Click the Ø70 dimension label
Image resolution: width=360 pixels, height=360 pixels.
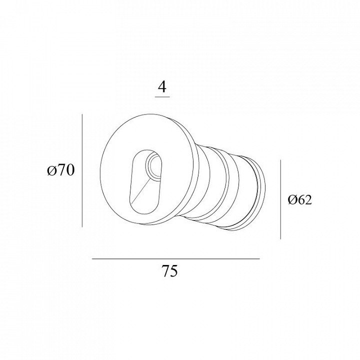(x=61, y=170)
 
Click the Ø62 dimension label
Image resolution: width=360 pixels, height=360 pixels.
(x=300, y=199)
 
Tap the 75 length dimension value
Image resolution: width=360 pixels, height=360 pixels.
(x=169, y=271)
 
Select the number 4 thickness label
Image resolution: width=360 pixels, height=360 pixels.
(x=162, y=87)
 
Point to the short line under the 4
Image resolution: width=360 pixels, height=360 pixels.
(x=162, y=97)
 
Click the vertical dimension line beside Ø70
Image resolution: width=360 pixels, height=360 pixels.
(x=82, y=170)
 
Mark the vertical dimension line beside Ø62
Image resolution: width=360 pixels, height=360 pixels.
(x=280, y=199)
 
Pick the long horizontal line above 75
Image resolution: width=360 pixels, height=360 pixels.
(x=176, y=259)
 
